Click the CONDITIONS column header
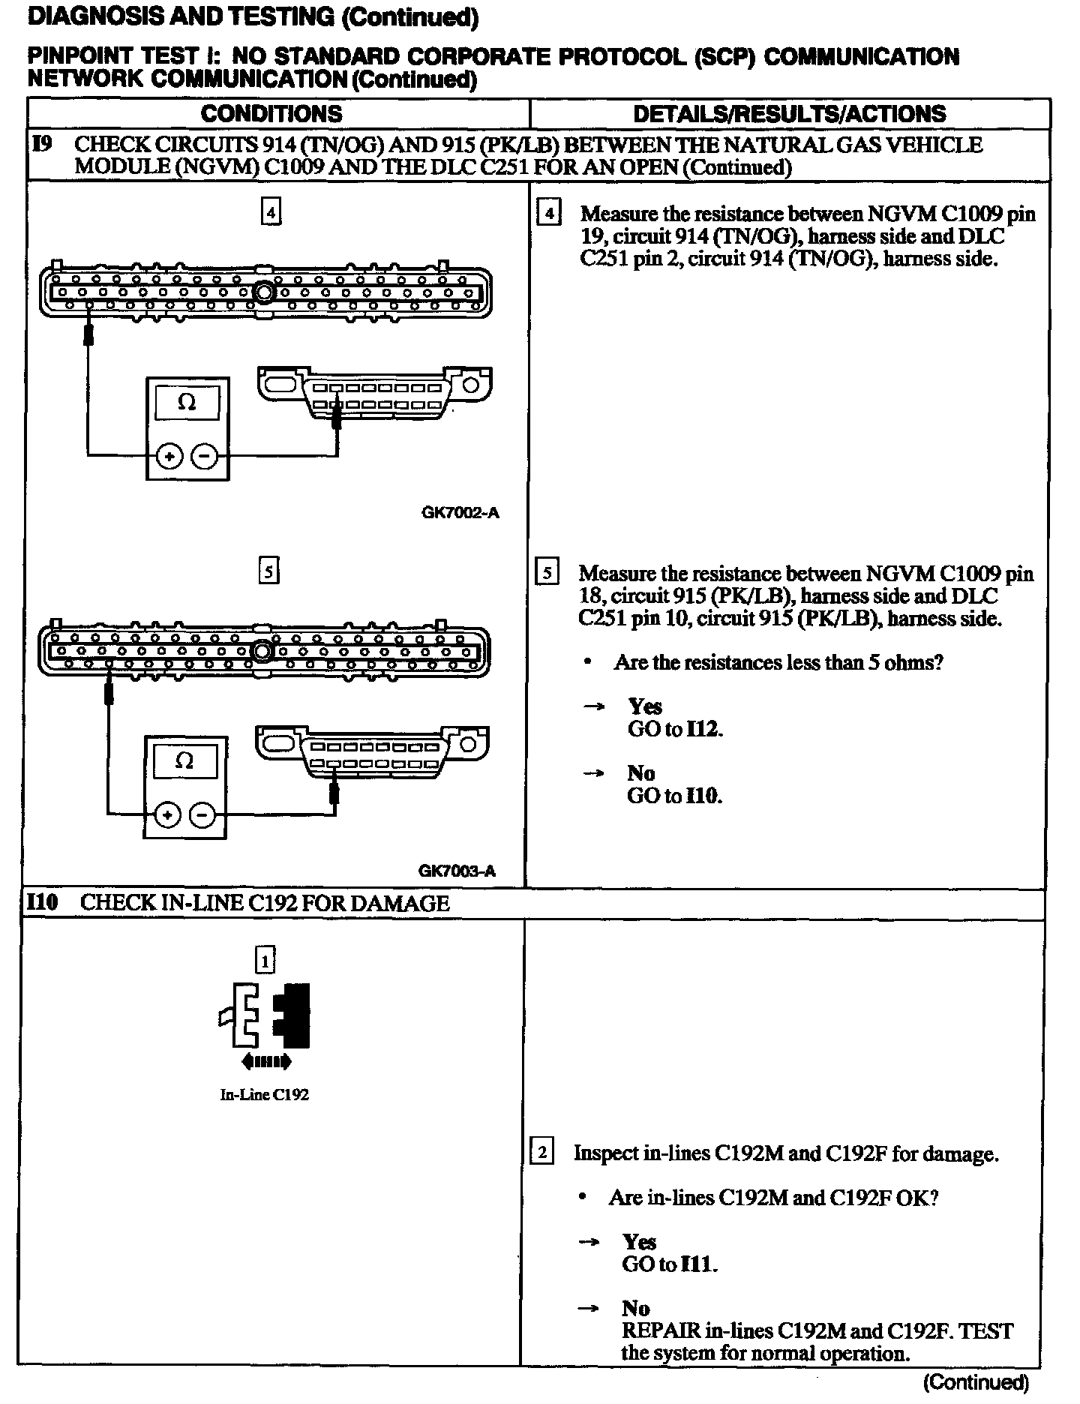271,114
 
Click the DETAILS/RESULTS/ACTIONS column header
790,114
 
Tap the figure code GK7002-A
460,513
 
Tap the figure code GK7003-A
457,871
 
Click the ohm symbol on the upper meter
187,403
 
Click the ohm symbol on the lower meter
184,761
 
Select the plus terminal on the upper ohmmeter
170,455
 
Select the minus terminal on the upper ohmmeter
204,455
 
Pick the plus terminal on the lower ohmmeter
167,814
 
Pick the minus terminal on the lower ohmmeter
201,814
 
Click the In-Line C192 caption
264,1094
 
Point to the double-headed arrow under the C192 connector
265,1061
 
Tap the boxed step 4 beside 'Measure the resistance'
549,214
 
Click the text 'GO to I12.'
675,729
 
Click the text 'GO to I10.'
674,796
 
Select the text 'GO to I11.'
670,1264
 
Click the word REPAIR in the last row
660,1331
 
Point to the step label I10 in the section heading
42,903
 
